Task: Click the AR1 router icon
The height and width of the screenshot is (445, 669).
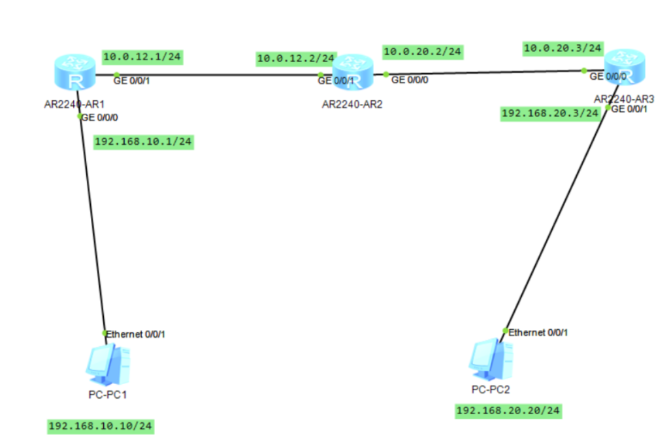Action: [75, 72]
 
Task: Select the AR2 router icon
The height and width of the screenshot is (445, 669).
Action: [353, 72]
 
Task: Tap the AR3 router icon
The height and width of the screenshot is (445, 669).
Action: [625, 67]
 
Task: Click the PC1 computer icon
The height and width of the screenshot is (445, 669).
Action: [108, 365]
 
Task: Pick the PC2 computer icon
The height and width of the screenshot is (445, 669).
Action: [491, 359]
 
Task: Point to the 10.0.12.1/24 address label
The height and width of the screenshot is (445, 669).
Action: [142, 57]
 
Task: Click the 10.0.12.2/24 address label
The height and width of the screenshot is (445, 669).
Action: [296, 58]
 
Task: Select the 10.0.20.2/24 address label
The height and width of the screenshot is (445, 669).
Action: [423, 52]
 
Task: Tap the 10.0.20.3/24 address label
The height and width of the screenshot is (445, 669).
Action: [563, 48]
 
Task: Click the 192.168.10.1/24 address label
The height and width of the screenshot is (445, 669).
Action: [143, 142]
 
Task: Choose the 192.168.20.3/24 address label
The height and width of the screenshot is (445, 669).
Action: [550, 114]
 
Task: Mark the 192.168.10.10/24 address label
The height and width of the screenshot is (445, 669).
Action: [100, 426]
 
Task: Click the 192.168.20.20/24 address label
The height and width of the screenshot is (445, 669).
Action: [508, 411]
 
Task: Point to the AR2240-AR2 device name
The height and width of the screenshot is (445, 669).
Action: [352, 104]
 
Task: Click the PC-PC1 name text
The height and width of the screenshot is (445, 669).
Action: [108, 395]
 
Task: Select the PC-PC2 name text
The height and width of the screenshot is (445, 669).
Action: [491, 389]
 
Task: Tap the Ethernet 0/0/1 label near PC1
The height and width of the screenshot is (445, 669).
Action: [135, 334]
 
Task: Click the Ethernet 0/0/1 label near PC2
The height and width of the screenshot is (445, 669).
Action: [538, 332]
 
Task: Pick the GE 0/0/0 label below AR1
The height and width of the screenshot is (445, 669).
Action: [99, 118]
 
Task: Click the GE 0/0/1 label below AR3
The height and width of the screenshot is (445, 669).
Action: [629, 109]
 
